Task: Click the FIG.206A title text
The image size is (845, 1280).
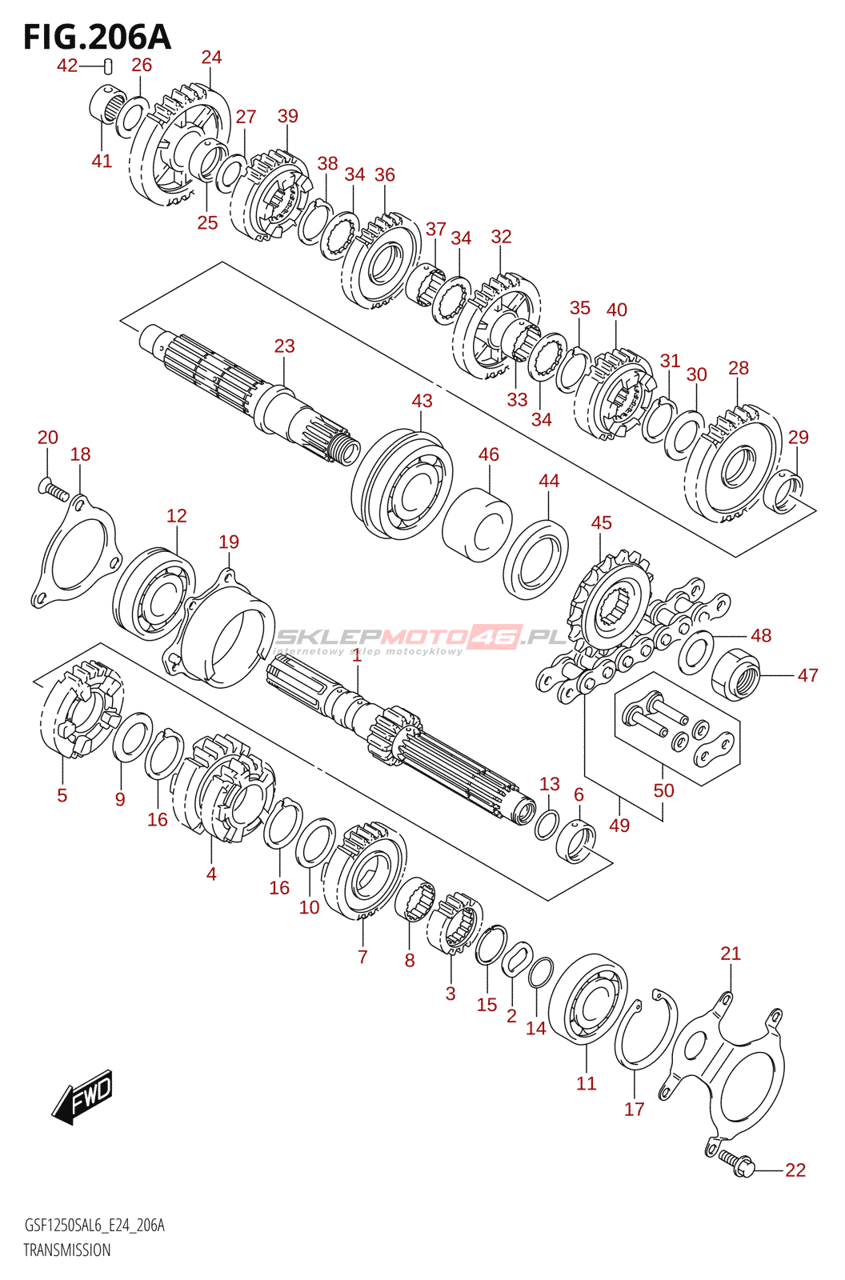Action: [x=97, y=38]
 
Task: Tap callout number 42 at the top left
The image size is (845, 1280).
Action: [x=67, y=66]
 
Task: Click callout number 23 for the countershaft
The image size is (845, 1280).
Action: [x=284, y=346]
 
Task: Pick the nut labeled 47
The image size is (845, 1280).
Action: [x=736, y=674]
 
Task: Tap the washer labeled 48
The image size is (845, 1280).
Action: [x=696, y=653]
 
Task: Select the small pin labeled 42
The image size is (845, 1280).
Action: [x=107, y=67]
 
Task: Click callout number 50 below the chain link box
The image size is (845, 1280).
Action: [x=664, y=790]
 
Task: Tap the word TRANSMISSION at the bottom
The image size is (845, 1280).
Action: [x=67, y=1249]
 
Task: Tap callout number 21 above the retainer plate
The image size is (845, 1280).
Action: [x=731, y=953]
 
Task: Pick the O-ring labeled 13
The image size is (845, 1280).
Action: [x=546, y=825]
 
